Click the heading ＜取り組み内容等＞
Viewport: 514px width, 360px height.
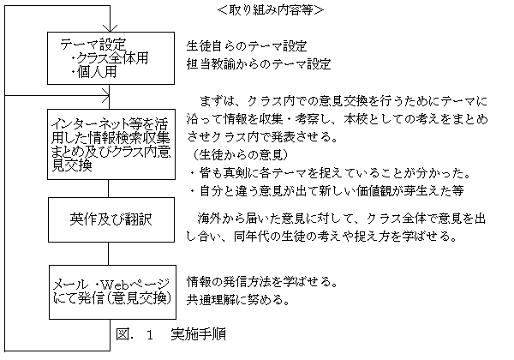pyautogui.click(x=271, y=10)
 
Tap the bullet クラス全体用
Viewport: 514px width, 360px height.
pyautogui.click(x=110, y=58)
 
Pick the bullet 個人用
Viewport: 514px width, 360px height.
pyautogui.click(x=94, y=72)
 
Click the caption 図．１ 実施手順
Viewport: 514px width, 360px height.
pyautogui.click(x=170, y=334)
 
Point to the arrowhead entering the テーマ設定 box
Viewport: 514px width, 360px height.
pyautogui.click(x=110, y=28)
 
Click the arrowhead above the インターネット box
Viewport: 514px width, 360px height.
pyautogui.click(x=105, y=95)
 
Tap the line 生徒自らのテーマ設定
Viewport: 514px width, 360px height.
pyautogui.click(x=247, y=46)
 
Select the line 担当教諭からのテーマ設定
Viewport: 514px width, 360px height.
pyautogui.click(x=259, y=64)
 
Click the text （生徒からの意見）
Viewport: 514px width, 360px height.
pyautogui.click(x=240, y=154)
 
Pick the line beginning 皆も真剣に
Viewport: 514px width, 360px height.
pyautogui.click(x=331, y=173)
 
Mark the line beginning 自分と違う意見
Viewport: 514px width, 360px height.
pyautogui.click(x=327, y=191)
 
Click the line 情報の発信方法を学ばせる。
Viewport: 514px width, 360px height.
pyautogui.click(x=262, y=281)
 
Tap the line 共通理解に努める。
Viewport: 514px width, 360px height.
pyautogui.click(x=238, y=299)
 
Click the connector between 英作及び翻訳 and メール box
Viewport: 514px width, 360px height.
pyautogui.click(x=109, y=254)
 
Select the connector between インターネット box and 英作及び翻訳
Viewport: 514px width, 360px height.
pyautogui.click(x=109, y=189)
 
